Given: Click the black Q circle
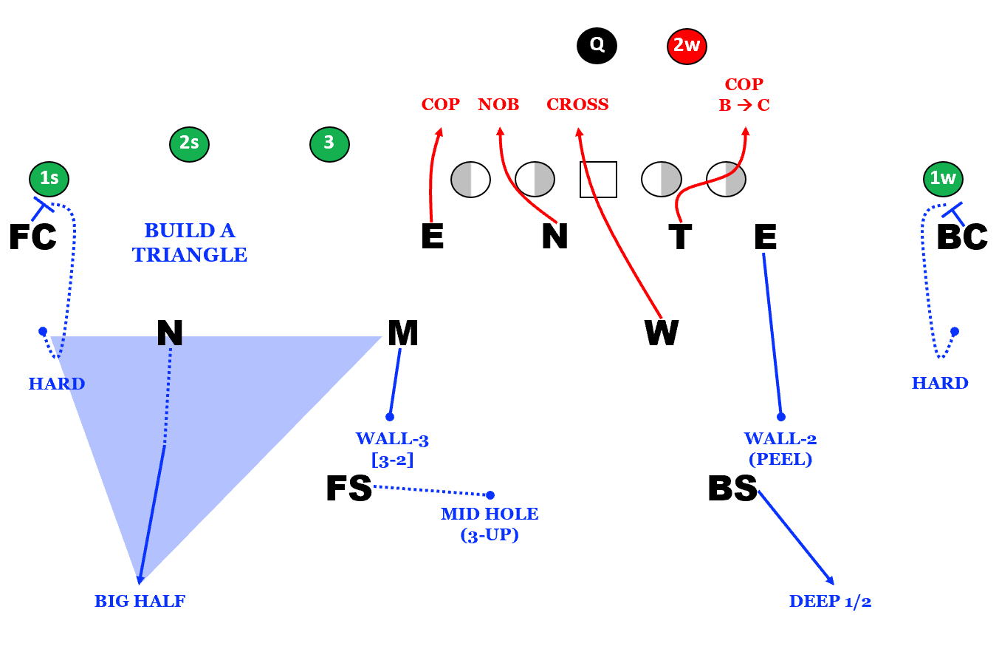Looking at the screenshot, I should pyautogui.click(x=597, y=46).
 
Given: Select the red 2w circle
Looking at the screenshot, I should pyautogui.click(x=687, y=46).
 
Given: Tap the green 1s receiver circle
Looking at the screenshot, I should pyautogui.click(x=49, y=178).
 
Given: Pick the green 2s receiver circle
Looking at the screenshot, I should pyautogui.click(x=189, y=143).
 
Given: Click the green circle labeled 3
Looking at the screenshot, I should pyautogui.click(x=329, y=143).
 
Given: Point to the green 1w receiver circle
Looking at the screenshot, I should pyautogui.click(x=943, y=178).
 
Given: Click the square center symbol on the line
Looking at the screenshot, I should pyautogui.click(x=598, y=180).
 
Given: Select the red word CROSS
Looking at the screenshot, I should pyautogui.click(x=577, y=105).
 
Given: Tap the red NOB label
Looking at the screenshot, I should pyautogui.click(x=498, y=105).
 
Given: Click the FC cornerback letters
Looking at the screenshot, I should pyautogui.click(x=32, y=237).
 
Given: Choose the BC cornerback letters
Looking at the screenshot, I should pyautogui.click(x=961, y=237).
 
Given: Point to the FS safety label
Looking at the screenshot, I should pyautogui.click(x=349, y=489).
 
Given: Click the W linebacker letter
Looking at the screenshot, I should pyautogui.click(x=662, y=333).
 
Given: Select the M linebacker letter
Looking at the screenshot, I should pyautogui.click(x=403, y=333).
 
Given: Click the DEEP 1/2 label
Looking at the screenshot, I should pyautogui.click(x=830, y=602).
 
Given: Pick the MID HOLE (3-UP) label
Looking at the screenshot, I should pyautogui.click(x=490, y=524).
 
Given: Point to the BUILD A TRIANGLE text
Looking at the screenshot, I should pyautogui.click(x=190, y=243).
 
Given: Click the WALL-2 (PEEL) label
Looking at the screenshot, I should pyautogui.click(x=780, y=449).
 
